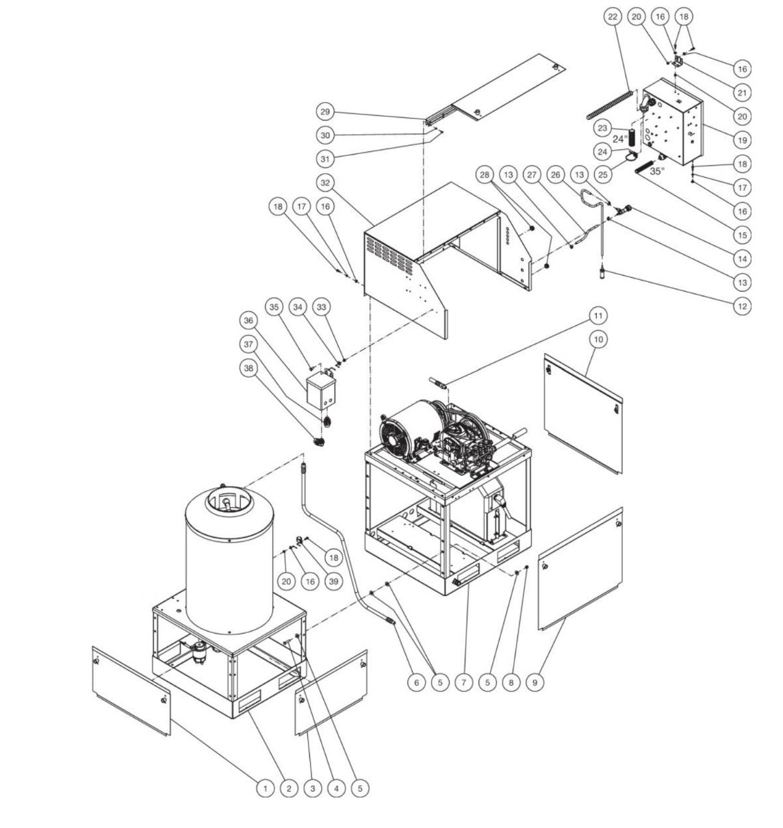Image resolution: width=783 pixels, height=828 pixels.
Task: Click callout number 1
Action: [x=265, y=788]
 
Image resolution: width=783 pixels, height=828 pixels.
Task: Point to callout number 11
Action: [x=599, y=315]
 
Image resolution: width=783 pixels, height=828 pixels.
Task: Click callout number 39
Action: [x=333, y=581]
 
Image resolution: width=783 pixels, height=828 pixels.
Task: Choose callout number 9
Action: [x=535, y=682]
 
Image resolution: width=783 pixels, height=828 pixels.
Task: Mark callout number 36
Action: [x=248, y=320]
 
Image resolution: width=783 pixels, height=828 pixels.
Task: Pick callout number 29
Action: [x=325, y=112]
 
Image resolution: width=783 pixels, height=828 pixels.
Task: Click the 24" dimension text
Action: [x=620, y=139]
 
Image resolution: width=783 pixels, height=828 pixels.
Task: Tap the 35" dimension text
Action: [x=656, y=172]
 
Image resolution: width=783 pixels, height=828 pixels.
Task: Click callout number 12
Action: [x=741, y=306]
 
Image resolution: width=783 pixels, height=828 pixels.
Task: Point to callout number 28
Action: [x=485, y=175]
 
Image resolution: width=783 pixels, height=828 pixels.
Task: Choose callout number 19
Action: [x=741, y=140]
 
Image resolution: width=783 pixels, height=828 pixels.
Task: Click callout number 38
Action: [x=248, y=367]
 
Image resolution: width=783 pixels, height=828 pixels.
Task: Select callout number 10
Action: [x=599, y=339]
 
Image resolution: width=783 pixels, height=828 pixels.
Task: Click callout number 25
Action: [x=603, y=175]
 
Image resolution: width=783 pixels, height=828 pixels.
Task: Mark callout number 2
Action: [x=289, y=788]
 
